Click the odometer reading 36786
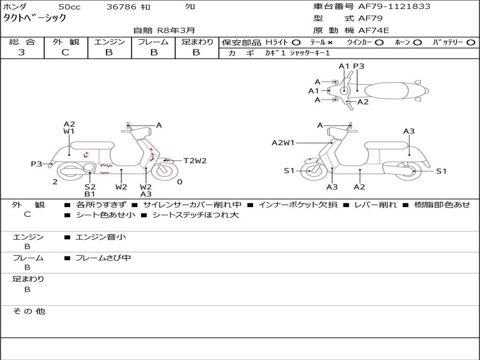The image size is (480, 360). point(121,7)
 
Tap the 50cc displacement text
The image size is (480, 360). point(69,7)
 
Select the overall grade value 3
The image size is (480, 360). point(22,52)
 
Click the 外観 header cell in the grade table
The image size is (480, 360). point(66,42)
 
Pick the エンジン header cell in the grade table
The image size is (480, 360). point(109,42)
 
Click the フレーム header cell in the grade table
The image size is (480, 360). point(153,42)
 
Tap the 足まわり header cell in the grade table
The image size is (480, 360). point(197,42)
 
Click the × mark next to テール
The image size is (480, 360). point(330,42)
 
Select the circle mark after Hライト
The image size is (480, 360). point(296,42)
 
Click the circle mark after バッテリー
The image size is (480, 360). point(471,42)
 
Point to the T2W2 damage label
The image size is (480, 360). point(195,161)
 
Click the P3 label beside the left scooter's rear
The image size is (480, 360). point(37,164)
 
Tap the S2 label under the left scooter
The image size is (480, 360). point(90,187)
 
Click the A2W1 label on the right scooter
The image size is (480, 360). point(283,143)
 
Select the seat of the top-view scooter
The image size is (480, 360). point(389,90)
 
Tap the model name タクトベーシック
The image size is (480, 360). point(35,18)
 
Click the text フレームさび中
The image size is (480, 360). point(103,258)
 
